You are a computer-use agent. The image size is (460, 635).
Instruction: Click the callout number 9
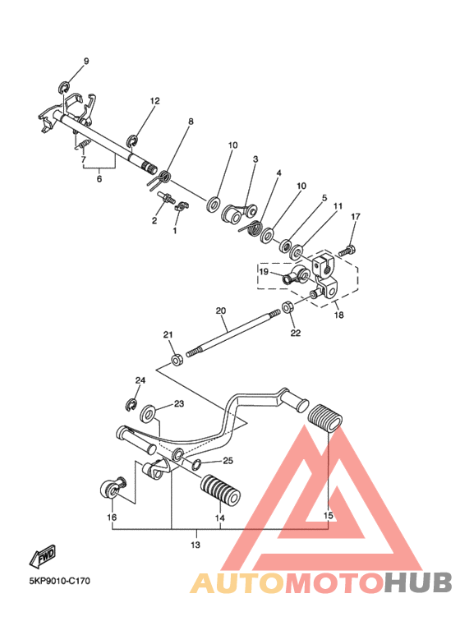[86, 62]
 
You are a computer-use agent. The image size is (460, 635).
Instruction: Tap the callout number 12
[155, 101]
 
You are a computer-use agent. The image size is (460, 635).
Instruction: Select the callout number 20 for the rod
[221, 311]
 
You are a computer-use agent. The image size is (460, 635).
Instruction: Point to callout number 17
[355, 217]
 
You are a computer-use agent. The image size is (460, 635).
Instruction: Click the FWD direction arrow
[42, 555]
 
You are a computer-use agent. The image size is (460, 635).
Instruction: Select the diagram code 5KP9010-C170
[59, 581]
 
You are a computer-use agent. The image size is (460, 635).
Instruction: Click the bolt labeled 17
[347, 251]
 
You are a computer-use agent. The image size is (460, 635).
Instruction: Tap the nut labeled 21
[177, 359]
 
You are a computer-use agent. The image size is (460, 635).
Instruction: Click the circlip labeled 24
[131, 405]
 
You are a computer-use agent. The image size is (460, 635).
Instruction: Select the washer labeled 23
[148, 414]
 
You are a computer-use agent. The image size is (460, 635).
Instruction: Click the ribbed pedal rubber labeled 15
[325, 419]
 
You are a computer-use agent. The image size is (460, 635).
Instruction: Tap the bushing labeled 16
[112, 488]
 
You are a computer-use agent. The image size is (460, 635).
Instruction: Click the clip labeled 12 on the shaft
[132, 141]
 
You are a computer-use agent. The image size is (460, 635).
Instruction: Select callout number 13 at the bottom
[195, 545]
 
